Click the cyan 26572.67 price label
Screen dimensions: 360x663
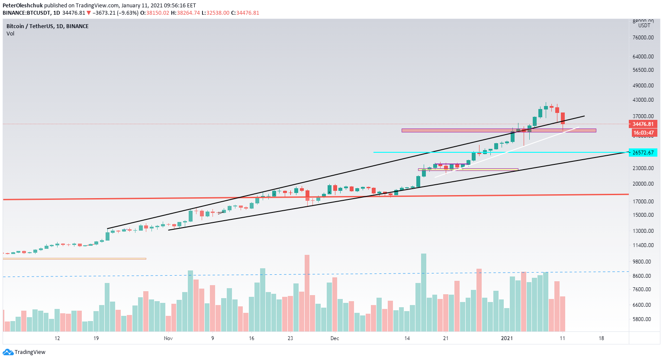643,152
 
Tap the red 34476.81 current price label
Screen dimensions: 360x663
643,124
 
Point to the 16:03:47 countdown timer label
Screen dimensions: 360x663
643,133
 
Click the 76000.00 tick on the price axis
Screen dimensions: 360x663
643,38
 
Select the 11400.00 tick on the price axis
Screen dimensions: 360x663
643,245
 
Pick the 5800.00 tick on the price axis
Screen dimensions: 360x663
643,319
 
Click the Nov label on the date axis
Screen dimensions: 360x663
168,338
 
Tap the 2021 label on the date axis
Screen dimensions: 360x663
507,338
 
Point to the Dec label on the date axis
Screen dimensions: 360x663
335,338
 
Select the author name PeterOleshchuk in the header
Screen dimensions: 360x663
23,6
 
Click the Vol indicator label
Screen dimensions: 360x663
10,34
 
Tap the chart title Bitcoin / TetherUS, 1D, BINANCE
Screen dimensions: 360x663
48,26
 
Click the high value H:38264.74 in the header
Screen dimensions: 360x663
185,13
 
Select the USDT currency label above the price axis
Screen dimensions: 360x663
644,26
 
